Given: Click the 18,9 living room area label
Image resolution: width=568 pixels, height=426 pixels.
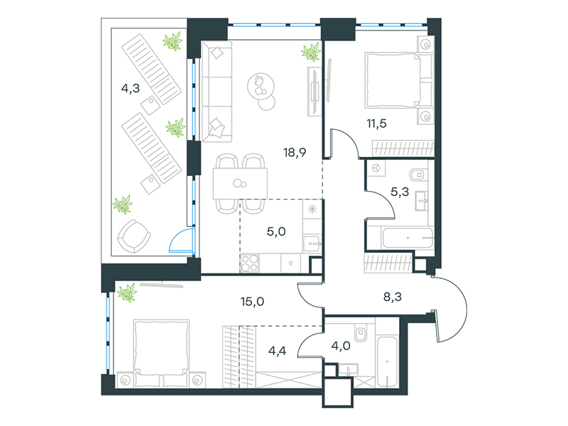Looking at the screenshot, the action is point(295,153).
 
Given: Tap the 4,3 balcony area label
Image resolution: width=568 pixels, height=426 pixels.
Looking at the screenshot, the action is point(131,88).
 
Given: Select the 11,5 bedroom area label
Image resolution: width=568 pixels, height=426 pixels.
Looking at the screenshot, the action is point(376,124).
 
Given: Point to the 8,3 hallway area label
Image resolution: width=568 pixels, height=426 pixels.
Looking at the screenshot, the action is point(393,297).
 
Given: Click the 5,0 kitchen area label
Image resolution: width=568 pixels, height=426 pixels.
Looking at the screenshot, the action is point(276,231).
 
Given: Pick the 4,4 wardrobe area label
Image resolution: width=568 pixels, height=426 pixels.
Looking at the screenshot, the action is point(277,351).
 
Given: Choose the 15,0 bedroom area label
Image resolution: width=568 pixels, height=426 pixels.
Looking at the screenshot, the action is point(252,301).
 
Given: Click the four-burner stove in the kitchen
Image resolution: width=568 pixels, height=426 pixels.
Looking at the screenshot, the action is point(250,263).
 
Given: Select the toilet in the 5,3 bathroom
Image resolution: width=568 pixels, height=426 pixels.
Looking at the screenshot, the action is point(419,175).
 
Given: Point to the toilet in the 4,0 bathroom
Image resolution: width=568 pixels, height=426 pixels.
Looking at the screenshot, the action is point(361,332).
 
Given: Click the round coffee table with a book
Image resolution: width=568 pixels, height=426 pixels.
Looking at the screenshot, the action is point(261,86).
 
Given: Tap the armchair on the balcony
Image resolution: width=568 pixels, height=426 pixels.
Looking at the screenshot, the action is point(134,236).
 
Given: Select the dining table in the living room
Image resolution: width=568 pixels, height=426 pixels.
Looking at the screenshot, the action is point(240,183).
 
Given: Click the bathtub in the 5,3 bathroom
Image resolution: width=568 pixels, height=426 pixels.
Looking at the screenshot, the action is point(408,238).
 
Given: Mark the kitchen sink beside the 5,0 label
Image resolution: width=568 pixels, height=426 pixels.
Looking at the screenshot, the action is point(312,244).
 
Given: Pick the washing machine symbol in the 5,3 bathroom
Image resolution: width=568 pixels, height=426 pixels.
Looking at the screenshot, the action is point(376,168).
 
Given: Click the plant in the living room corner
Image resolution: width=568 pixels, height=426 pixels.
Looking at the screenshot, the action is point(311,51).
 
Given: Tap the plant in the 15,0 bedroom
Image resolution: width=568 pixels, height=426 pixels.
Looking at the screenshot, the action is point(127,292).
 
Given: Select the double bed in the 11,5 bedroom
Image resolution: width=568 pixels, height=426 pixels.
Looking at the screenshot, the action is point(399,80).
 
